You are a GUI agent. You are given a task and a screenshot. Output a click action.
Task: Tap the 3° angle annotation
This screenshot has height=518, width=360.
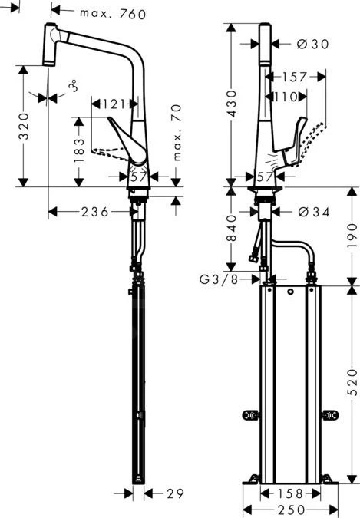(x=74, y=86)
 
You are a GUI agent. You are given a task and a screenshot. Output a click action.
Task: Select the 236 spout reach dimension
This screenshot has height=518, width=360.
(x=94, y=211)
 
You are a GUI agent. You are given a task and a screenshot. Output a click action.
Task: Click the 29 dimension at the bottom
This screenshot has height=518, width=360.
(x=176, y=493)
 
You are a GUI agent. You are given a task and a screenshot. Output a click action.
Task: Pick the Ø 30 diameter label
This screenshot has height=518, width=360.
(x=311, y=45)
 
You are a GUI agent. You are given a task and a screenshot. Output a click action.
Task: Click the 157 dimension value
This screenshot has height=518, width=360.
(x=293, y=77)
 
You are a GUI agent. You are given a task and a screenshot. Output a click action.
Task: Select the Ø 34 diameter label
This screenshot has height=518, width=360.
(x=312, y=211)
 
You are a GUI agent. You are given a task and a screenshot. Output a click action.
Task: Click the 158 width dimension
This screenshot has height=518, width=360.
(x=289, y=493)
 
